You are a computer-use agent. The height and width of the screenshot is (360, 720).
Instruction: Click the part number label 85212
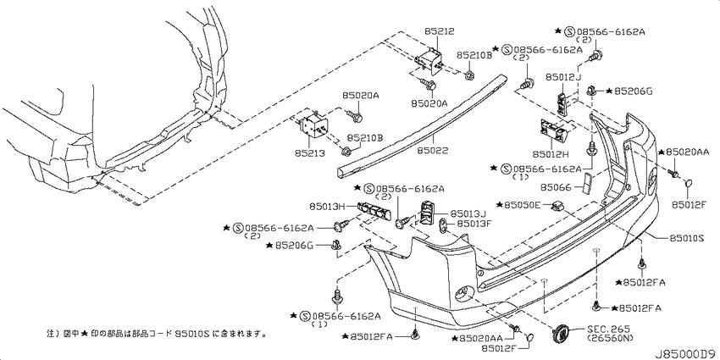(440, 31)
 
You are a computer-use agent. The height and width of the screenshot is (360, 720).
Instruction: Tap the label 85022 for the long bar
(433, 151)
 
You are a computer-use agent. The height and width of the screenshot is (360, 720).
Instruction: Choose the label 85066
(555, 187)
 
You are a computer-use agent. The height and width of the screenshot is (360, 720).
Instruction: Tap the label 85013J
(468, 213)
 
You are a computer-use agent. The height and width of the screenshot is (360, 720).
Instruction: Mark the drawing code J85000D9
(684, 354)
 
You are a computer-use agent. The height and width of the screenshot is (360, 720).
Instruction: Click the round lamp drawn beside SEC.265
(561, 331)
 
